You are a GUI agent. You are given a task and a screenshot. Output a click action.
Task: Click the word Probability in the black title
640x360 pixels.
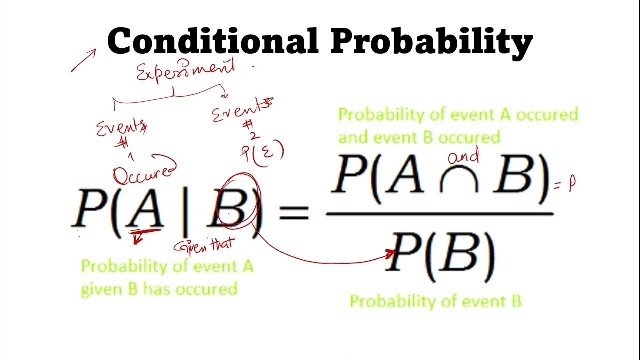click(x=431, y=42)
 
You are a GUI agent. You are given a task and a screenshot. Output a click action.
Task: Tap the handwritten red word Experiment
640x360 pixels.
click(x=185, y=72)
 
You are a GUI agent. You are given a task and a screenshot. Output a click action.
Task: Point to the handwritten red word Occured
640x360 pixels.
click(x=144, y=174)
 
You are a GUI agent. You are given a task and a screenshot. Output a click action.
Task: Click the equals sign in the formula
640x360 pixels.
click(x=293, y=214)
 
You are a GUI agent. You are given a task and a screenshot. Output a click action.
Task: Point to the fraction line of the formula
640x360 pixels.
click(x=440, y=214)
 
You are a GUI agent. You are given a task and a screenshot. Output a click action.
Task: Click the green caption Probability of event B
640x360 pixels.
click(x=435, y=301)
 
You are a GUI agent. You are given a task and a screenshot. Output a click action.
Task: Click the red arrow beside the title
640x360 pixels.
click(x=83, y=60)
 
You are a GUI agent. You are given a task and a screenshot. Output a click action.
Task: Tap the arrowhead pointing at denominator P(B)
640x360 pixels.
click(x=392, y=254)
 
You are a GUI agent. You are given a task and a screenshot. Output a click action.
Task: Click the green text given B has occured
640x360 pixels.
click(x=159, y=289)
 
